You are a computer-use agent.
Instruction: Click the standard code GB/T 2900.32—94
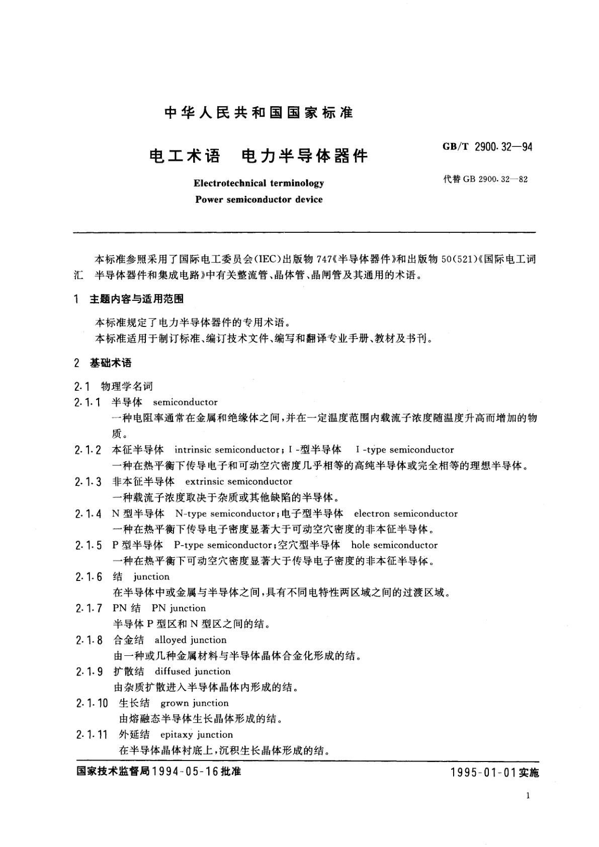click(487, 147)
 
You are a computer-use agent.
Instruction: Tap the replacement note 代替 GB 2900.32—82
click(485, 180)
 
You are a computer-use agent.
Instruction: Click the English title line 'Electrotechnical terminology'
click(259, 183)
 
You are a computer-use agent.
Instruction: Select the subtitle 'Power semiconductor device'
click(259, 200)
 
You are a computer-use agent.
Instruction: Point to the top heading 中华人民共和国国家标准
click(259, 113)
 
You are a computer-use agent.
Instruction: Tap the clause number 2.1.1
click(88, 402)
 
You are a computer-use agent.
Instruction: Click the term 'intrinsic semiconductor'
click(227, 450)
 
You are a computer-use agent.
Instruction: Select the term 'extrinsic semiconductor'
click(238, 481)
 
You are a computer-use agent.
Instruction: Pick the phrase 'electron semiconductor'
click(406, 514)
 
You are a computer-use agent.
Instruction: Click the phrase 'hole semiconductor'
click(394, 545)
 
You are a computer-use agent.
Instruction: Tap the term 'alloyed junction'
click(191, 640)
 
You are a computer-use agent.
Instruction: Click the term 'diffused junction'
click(193, 671)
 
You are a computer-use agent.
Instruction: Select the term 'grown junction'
click(194, 703)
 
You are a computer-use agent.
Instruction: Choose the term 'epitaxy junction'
click(197, 735)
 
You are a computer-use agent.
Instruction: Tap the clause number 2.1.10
click(92, 704)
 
